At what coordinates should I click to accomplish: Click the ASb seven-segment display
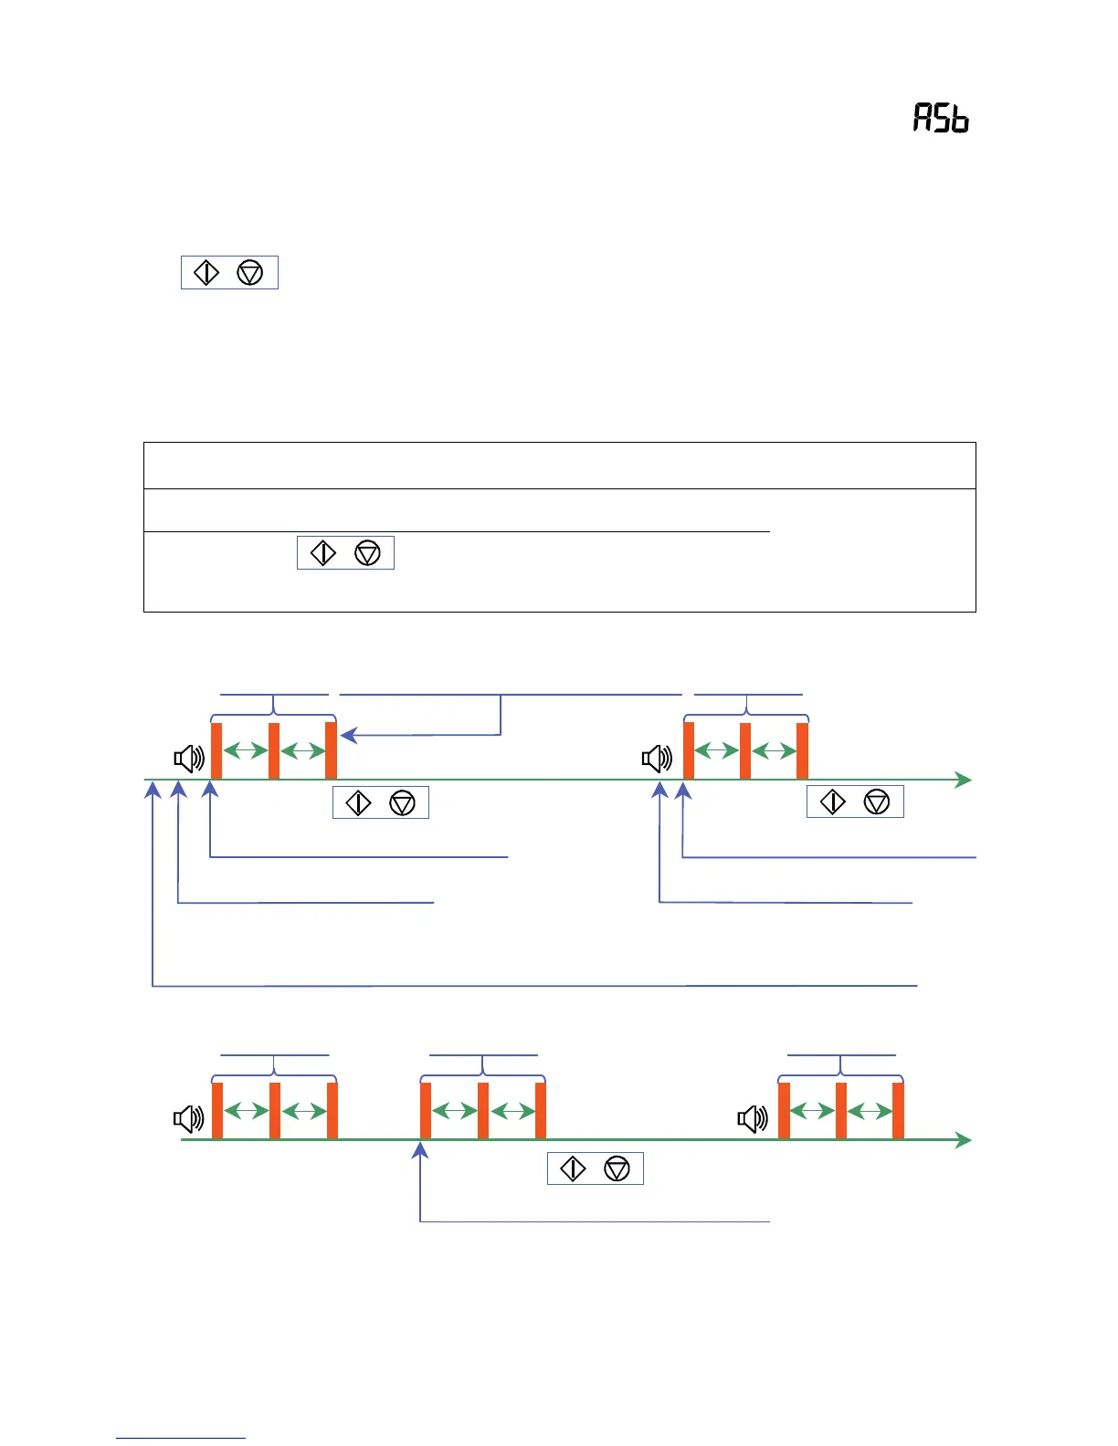[x=941, y=119]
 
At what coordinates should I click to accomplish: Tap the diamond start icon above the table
[x=207, y=272]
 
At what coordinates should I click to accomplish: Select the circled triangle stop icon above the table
[x=250, y=272]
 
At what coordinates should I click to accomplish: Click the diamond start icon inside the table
[x=323, y=552]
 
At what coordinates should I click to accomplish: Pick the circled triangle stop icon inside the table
[x=367, y=552]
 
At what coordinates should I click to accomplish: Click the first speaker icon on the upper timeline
[x=189, y=758]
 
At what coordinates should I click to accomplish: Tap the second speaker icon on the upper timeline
[x=657, y=758]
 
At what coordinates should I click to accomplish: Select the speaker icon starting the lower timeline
[x=189, y=1118]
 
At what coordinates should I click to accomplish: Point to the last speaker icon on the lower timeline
[x=753, y=1118]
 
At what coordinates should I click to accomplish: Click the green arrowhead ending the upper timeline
[x=963, y=780]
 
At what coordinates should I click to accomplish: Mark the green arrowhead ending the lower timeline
[x=963, y=1139]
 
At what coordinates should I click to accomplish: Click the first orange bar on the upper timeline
[x=216, y=750]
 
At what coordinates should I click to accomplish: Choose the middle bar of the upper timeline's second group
[x=745, y=750]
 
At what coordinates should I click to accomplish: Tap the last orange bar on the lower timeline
[x=898, y=1110]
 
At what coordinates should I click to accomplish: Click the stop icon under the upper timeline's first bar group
[x=402, y=802]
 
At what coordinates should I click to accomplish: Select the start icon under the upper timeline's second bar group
[x=833, y=802]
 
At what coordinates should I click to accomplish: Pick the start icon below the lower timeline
[x=573, y=1168]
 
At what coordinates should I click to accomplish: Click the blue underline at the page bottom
[x=181, y=1438]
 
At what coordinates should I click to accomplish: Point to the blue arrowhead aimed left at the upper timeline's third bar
[x=348, y=735]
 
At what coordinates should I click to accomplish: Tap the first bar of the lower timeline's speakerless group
[x=426, y=1110]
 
